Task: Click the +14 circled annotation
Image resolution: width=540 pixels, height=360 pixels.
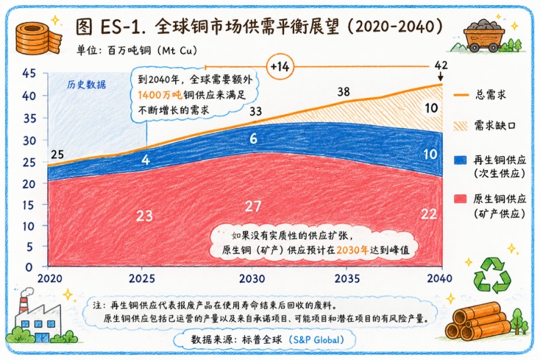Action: click(x=280, y=66)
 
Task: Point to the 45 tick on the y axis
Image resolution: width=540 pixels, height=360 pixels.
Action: click(x=29, y=73)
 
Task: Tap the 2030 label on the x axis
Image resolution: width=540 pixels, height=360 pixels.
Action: click(x=252, y=278)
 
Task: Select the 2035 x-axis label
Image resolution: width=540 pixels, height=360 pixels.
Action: click(x=347, y=278)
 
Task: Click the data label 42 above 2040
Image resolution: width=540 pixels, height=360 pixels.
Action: click(x=441, y=65)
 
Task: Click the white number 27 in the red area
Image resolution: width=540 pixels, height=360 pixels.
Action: click(x=253, y=206)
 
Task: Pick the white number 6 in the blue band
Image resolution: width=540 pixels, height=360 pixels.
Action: click(x=254, y=138)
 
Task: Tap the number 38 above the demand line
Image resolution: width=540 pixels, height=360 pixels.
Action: click(x=344, y=91)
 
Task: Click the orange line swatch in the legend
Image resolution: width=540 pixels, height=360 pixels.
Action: click(x=461, y=95)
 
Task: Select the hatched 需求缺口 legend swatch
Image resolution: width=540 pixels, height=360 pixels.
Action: click(x=461, y=126)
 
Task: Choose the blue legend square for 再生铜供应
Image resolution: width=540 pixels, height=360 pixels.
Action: click(x=460, y=160)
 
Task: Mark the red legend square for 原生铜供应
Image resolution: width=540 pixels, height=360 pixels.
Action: click(x=460, y=199)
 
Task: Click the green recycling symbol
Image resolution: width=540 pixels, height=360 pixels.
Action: click(x=492, y=275)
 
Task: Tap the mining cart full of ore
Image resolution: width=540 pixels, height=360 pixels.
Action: click(x=484, y=35)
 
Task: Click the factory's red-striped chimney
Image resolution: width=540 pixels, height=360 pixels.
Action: click(x=24, y=303)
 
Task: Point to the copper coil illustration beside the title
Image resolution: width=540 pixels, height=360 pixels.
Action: click(x=38, y=38)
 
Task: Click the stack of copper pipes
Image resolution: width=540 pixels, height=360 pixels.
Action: click(x=477, y=321)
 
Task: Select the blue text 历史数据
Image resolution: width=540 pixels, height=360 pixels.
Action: click(x=86, y=85)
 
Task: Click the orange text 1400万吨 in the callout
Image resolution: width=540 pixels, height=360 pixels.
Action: click(x=160, y=95)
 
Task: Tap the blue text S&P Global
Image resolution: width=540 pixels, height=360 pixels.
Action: click(x=318, y=339)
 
